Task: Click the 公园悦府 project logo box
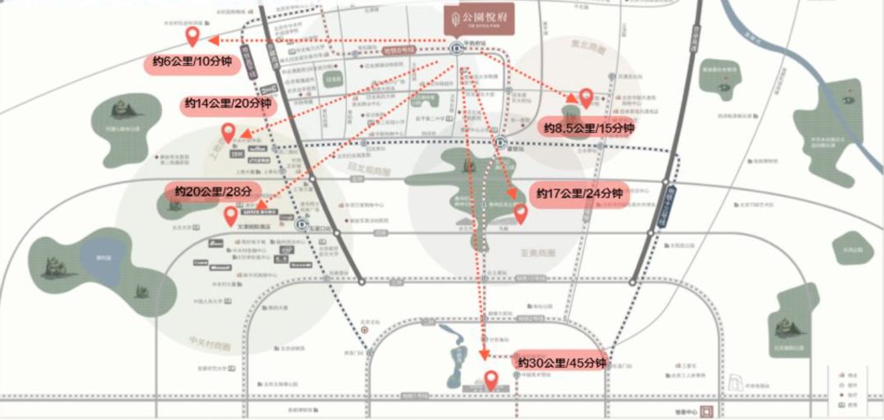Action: [479, 20]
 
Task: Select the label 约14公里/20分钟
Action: [228, 104]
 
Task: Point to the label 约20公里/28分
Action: [211, 192]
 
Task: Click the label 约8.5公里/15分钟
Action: [589, 129]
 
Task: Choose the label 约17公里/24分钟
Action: [580, 194]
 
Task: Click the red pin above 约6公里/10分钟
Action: [193, 35]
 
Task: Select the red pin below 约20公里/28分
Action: [231, 215]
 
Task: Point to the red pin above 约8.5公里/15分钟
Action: [586, 97]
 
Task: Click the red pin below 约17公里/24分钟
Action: [520, 214]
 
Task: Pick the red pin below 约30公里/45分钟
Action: [491, 380]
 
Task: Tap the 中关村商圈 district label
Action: [209, 345]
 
